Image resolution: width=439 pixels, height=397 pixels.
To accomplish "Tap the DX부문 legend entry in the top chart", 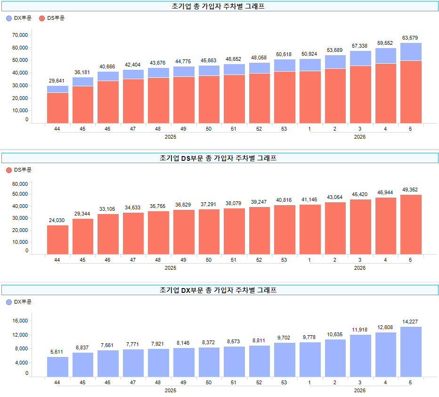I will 19,18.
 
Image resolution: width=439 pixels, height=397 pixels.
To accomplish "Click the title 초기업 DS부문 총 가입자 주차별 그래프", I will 219,158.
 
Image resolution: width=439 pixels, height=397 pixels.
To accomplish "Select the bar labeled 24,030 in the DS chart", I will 57,240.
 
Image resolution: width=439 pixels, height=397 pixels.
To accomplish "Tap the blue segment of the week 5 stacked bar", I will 411,52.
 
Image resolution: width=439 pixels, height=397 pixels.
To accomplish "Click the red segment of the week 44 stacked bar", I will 57,108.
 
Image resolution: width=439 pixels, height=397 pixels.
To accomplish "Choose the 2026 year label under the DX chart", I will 360,390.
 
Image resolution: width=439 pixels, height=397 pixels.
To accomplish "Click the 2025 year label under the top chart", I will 171,137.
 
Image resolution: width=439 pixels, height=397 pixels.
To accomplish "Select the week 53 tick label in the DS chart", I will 284,260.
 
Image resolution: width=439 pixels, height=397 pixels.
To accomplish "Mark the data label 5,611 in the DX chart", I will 57,352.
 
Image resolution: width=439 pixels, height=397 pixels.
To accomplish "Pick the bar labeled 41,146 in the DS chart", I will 309,229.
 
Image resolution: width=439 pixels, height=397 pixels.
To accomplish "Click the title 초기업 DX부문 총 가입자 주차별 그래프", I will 219,290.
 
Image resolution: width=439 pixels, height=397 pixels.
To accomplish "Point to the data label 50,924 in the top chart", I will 309,54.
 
